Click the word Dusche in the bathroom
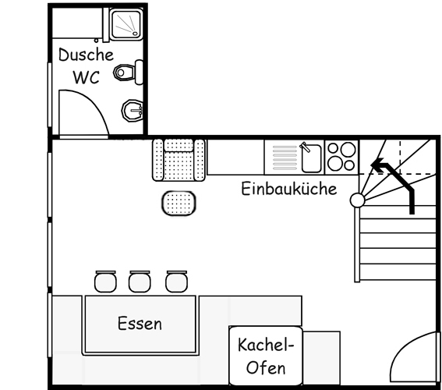pos(86,56)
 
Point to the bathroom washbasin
pos(133,111)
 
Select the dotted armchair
pos(179,158)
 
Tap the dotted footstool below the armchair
pos(179,203)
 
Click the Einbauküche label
pos(288,189)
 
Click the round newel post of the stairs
pos(357,200)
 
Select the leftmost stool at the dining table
pos(104,281)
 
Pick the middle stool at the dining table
pos(140,281)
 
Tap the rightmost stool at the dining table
pos(176,281)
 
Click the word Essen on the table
pos(140,324)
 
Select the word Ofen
pos(265,367)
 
